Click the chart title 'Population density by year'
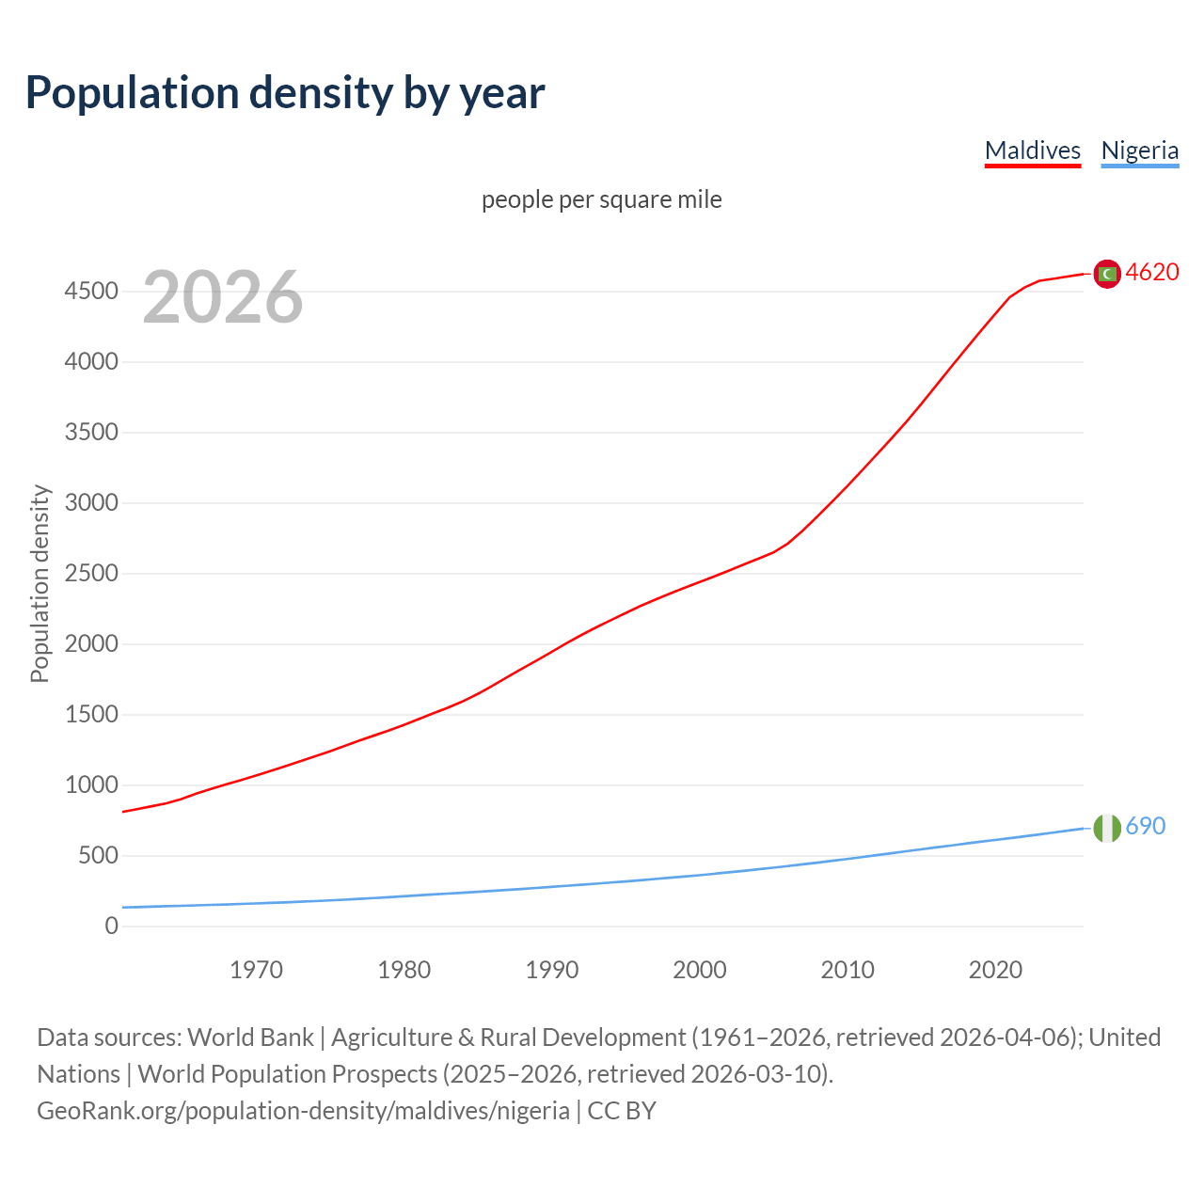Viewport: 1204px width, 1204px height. tap(285, 92)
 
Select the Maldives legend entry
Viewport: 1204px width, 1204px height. tap(1032, 150)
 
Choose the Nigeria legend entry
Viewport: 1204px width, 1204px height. tap(1139, 150)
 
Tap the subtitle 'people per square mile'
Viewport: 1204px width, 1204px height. tap(602, 199)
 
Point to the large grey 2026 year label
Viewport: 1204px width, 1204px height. tap(223, 297)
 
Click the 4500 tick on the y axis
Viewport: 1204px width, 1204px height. tap(91, 292)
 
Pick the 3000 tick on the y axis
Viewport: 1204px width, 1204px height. tap(91, 503)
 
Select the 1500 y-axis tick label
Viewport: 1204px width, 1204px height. tap(91, 715)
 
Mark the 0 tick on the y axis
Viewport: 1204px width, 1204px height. tap(112, 927)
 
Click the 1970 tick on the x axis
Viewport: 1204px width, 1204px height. tap(256, 970)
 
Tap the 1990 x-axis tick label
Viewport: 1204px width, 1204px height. tap(552, 970)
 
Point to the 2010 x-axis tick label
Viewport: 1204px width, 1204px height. tap(848, 970)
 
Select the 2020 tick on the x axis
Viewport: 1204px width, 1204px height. tap(995, 970)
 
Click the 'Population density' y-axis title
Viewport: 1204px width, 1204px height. tap(40, 583)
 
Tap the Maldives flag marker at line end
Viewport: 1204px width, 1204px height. tap(1107, 274)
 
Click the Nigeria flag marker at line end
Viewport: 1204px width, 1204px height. tap(1107, 828)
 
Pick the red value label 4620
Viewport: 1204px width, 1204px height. tap(1152, 272)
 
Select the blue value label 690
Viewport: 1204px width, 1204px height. tap(1146, 826)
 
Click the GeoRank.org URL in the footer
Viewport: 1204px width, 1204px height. tap(303, 1111)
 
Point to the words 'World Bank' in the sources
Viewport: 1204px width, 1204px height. tap(250, 1038)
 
